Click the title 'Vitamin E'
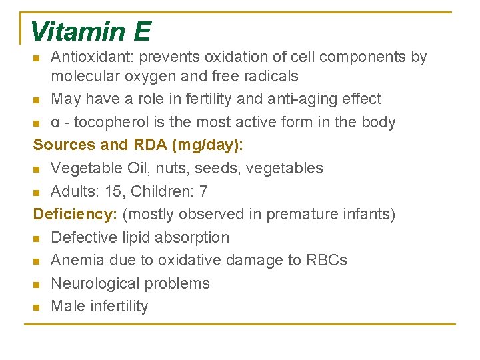click(91, 31)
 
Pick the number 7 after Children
click(203, 191)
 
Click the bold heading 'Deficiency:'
click(75, 215)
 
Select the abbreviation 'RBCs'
click(327, 260)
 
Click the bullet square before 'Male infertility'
click(37, 307)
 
